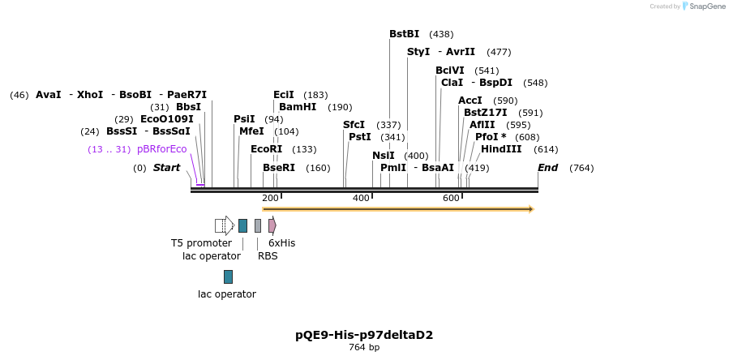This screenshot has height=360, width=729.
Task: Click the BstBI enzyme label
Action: tap(404, 34)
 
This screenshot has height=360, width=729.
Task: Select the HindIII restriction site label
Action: tap(501, 149)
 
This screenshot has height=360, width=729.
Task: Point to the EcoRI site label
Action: tap(266, 149)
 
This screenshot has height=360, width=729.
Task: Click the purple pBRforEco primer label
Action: tap(161, 149)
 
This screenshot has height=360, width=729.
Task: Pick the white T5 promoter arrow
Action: tap(224, 225)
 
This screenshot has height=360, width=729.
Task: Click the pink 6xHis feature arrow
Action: tap(272, 225)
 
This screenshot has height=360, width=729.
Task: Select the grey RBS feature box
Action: tap(258, 225)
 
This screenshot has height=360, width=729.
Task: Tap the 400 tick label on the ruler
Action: tap(361, 199)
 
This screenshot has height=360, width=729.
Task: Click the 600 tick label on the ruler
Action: tap(451, 199)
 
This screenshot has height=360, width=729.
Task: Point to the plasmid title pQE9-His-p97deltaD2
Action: tap(364, 334)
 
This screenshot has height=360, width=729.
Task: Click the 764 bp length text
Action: tap(364, 347)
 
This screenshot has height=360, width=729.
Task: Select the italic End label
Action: tap(547, 168)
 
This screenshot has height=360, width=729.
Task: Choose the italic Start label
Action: tap(166, 168)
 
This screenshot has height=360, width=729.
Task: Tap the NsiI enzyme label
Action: tap(384, 156)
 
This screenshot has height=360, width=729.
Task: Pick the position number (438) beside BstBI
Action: tap(441, 34)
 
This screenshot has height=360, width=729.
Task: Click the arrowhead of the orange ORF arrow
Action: tap(531, 209)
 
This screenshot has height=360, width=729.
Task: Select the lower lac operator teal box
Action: tap(228, 276)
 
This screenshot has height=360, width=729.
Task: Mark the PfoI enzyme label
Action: tap(491, 137)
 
